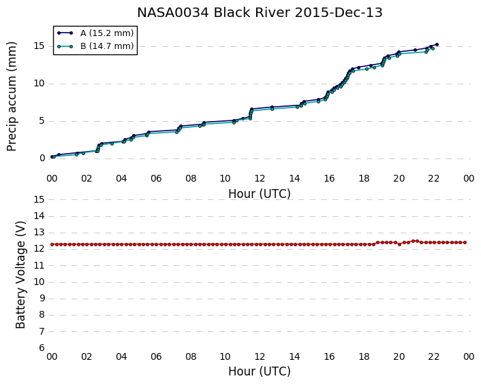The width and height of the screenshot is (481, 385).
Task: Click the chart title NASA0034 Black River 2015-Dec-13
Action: [x=260, y=12]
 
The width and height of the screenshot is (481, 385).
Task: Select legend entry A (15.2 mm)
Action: [x=95, y=33]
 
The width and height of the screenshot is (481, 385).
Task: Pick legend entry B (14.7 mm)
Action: [x=95, y=46]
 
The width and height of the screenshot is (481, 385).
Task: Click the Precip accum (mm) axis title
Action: [x=12, y=97]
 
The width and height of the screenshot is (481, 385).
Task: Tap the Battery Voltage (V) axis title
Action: [x=20, y=274]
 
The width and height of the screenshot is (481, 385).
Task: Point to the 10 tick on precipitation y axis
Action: [x=40, y=83]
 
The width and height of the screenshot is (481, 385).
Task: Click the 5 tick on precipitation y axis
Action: [x=42, y=120]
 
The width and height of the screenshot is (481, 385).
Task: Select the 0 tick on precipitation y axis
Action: [x=42, y=158]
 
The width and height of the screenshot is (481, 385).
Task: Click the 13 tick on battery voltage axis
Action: [x=40, y=233]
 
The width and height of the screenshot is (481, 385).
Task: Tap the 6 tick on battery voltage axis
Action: [x=42, y=348]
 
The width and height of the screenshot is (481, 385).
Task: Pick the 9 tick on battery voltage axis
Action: [x=42, y=299]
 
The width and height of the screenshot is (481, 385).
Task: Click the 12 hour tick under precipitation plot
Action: [x=260, y=178]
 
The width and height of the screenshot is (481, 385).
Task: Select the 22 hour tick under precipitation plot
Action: [x=433, y=178]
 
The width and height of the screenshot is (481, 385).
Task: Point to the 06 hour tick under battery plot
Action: [x=156, y=356]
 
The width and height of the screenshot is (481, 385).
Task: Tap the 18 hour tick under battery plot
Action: [x=364, y=356]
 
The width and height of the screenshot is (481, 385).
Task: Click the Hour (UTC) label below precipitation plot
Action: [x=260, y=194]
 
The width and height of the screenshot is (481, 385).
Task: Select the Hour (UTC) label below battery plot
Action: [x=260, y=371]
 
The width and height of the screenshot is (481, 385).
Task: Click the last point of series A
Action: [x=437, y=44]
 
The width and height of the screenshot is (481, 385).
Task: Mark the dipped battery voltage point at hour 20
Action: [x=399, y=244]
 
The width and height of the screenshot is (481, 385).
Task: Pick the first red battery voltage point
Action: [x=52, y=244]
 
